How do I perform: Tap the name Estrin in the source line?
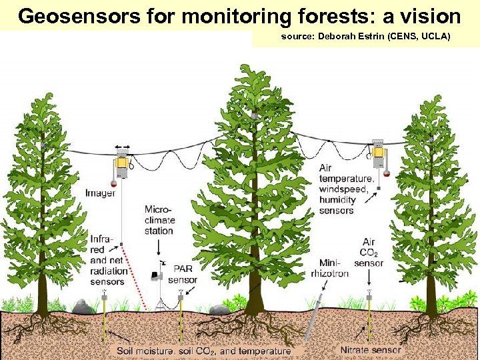[381, 37]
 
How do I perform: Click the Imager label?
[100, 193]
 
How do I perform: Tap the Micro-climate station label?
[159, 220]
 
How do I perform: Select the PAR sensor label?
[183, 274]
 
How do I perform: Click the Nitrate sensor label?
[371, 350]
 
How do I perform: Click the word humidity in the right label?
[337, 199]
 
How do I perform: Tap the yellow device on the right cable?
[378, 157]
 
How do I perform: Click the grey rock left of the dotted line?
[83, 306]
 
